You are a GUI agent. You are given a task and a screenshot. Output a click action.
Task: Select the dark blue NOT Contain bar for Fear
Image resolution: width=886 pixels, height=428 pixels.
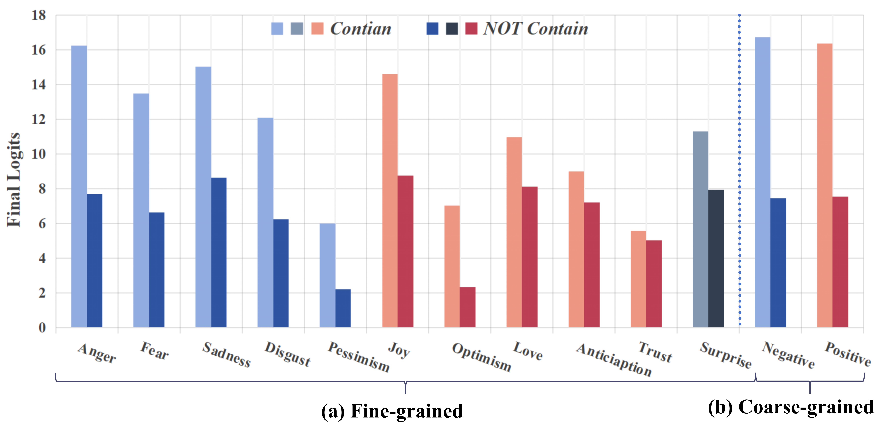pyautogui.click(x=157, y=270)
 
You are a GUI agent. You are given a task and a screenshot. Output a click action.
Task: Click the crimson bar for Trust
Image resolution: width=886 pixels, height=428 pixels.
pyautogui.click(x=653, y=284)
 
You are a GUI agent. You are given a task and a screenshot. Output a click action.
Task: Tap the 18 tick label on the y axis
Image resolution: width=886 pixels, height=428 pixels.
pyautogui.click(x=38, y=15)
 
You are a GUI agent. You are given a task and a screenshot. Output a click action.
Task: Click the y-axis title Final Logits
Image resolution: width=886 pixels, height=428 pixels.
pyautogui.click(x=14, y=179)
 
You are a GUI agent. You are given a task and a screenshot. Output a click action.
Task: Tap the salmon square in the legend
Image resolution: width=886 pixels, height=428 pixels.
pyautogui.click(x=317, y=29)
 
